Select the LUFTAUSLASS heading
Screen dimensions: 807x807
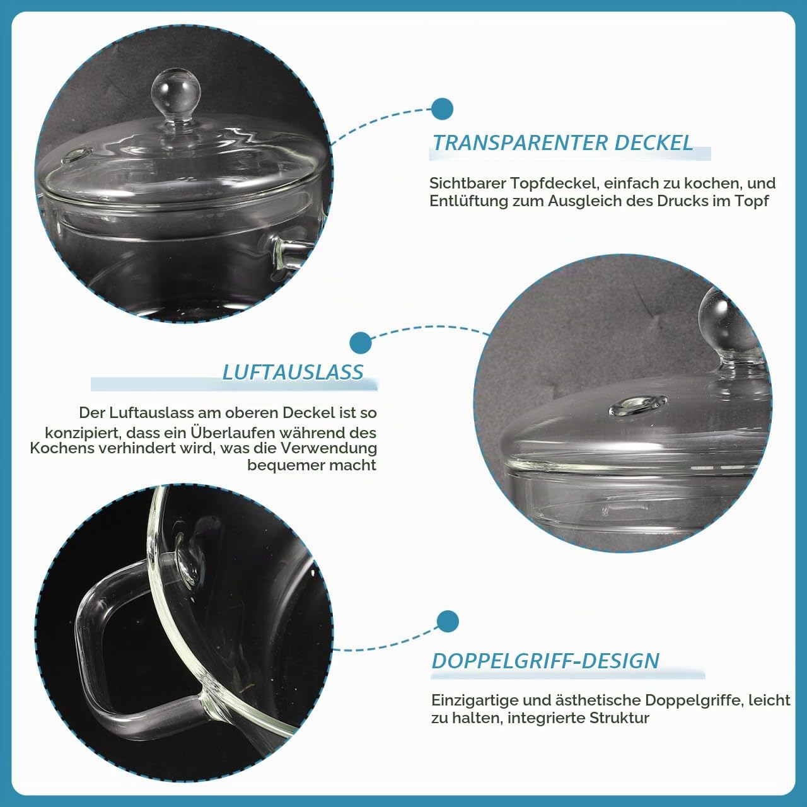tap(293, 373)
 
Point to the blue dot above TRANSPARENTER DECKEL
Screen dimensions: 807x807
tap(442, 109)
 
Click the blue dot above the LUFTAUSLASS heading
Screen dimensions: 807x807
tap(360, 343)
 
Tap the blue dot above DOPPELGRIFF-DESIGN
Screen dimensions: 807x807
tap(447, 622)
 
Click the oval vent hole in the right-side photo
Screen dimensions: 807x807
tap(638, 406)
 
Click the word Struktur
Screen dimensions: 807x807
tap(619, 718)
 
